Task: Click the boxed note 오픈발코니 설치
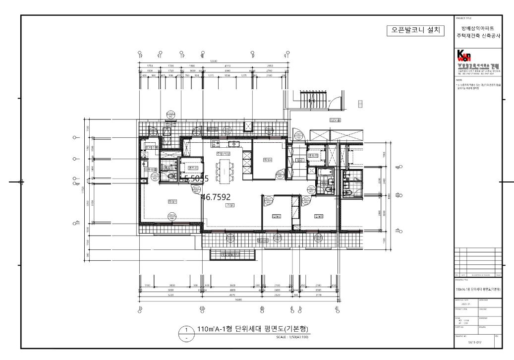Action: click(415, 31)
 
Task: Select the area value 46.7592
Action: click(216, 197)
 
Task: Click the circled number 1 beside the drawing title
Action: click(186, 329)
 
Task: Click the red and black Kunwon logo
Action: click(465, 56)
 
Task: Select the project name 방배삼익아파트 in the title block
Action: click(477, 29)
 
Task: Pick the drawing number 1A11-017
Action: click(474, 342)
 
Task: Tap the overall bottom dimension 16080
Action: click(238, 299)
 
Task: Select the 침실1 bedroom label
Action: click(172, 201)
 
